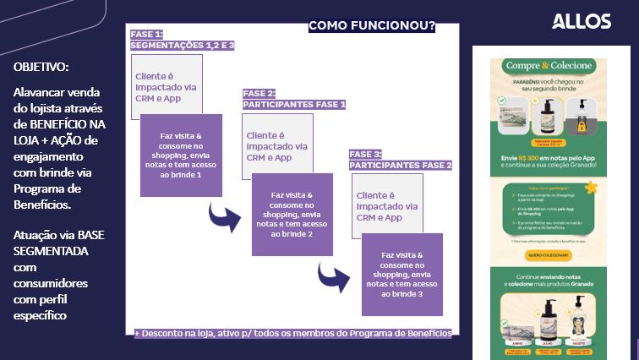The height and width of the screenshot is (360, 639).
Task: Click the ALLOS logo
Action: tap(581, 21)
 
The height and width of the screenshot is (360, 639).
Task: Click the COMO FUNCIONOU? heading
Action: tap(372, 26)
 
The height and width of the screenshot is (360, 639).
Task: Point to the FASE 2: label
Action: tap(259, 93)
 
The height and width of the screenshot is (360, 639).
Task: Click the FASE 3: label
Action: tap(365, 154)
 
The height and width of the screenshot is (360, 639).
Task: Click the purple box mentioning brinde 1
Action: tap(182, 155)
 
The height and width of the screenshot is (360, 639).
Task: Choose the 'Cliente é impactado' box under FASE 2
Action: tap(276, 146)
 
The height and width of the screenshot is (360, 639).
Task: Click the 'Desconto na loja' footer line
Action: tap(293, 333)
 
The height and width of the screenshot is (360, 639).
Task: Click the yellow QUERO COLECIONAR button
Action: tap(550, 254)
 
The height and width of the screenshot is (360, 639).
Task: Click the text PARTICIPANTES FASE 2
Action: tap(401, 165)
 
